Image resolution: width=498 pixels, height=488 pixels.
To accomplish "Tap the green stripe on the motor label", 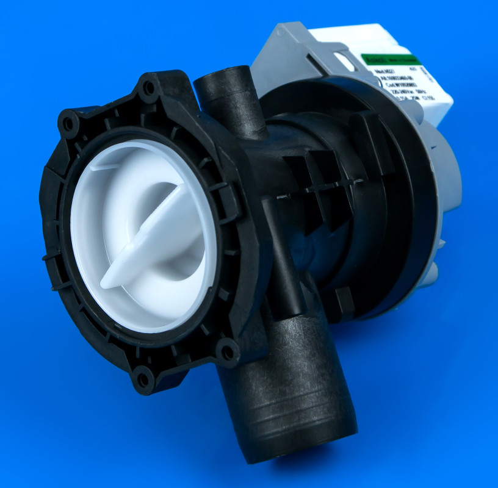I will [x=391, y=60].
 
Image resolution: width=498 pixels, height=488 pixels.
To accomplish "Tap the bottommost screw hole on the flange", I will [x=144, y=379].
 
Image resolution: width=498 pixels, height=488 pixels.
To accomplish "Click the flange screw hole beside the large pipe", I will [x=228, y=352].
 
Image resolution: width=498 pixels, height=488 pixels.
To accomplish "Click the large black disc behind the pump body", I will [x=403, y=201].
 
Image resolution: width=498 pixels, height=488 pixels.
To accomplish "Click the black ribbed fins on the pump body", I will [x=317, y=183].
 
